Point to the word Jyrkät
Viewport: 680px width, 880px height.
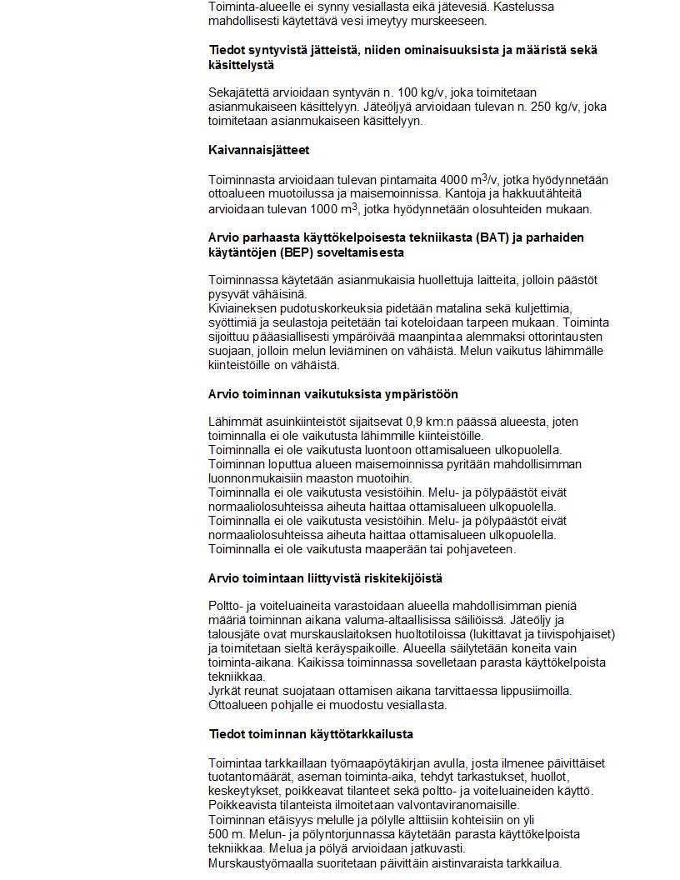225,691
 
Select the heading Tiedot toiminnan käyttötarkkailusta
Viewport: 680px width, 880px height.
310,734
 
